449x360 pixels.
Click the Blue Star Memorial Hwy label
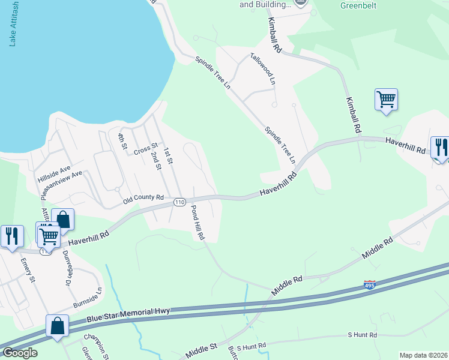coord(129,314)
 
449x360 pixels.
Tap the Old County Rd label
coord(143,197)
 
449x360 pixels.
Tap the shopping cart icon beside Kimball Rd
coord(387,99)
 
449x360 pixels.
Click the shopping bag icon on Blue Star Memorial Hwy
coord(58,326)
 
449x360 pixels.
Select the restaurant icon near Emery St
coord(11,236)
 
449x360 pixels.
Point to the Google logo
coord(20,353)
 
